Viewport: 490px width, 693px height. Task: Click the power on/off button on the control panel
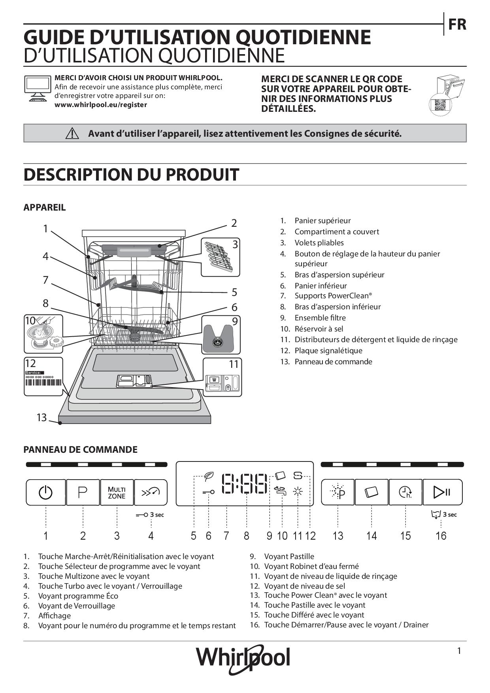(45, 492)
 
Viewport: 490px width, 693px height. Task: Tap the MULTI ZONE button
(117, 492)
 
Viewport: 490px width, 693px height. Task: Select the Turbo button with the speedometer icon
(151, 492)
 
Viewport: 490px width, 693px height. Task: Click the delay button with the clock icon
(405, 492)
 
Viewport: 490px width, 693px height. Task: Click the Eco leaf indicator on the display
(208, 476)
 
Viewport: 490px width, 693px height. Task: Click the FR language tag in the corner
(457, 24)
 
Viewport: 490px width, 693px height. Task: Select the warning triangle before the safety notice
(72, 134)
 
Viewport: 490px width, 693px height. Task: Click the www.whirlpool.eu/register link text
(100, 105)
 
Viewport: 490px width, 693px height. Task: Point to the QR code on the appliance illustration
(439, 105)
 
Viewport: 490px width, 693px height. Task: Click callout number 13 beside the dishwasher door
(41, 417)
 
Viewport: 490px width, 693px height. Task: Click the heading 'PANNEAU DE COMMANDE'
(81, 450)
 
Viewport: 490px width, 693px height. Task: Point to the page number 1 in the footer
(459, 651)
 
